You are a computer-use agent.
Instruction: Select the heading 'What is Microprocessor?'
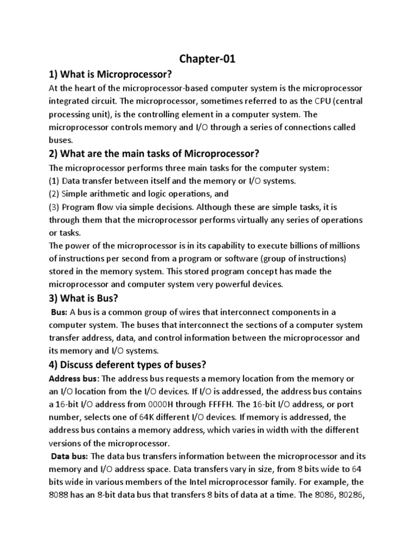click(113, 74)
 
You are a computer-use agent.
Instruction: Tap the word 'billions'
click(304, 246)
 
